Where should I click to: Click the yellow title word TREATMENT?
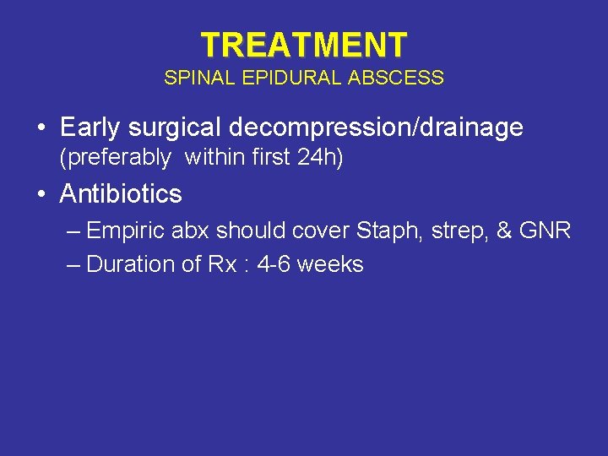point(304,44)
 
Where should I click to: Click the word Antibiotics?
point(121,194)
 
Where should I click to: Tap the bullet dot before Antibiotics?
point(41,195)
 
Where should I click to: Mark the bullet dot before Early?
point(41,129)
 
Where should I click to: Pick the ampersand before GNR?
point(505,231)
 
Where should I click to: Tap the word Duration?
point(128,264)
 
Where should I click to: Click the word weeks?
point(330,264)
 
